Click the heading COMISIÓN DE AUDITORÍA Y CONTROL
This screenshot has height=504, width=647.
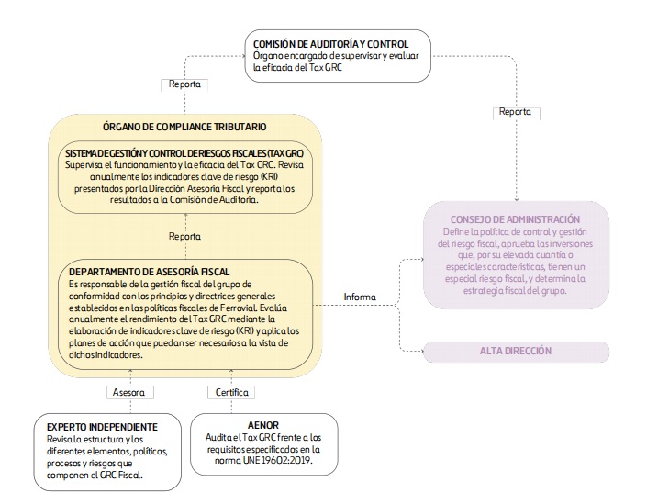click(330, 44)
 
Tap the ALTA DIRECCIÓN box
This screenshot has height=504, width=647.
click(516, 352)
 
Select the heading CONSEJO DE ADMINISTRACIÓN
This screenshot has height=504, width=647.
click(515, 219)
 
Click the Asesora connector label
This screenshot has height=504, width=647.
click(128, 392)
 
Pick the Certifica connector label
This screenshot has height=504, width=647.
click(232, 392)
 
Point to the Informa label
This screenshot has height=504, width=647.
click(360, 297)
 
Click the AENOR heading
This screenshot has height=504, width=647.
click(263, 425)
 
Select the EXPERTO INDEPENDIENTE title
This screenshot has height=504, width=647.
click(102, 427)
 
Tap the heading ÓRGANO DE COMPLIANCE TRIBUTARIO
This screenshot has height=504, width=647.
click(184, 127)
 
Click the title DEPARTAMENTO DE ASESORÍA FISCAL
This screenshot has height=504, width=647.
click(149, 272)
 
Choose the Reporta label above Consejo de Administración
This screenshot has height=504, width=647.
click(515, 111)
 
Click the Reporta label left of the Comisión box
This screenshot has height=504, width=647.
click(184, 84)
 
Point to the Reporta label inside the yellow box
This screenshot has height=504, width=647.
click(184, 237)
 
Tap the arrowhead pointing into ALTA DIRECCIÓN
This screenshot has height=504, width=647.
click(421, 352)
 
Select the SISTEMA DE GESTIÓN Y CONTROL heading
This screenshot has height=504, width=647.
click(184, 153)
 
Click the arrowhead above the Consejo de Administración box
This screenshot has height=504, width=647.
click(516, 199)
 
